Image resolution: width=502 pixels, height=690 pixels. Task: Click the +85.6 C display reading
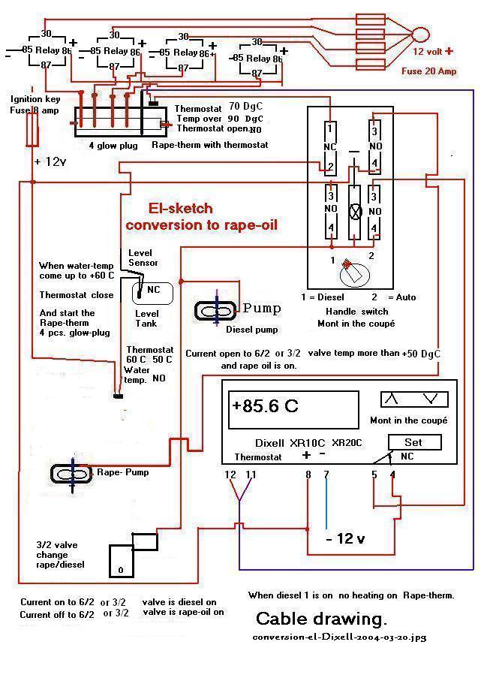(265, 406)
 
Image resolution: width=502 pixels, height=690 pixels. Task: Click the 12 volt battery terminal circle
(421, 35)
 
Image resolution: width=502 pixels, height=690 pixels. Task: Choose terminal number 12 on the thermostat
(230, 474)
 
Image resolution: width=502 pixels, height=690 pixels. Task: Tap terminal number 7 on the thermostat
(326, 474)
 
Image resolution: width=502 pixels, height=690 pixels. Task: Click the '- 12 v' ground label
(344, 539)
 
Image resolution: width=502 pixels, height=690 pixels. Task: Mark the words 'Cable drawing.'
(321, 619)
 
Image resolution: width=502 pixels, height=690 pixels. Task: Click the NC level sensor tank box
(152, 291)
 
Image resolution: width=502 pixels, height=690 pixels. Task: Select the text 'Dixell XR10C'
(280, 443)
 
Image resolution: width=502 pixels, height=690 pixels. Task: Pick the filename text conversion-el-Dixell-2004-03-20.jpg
(339, 637)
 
